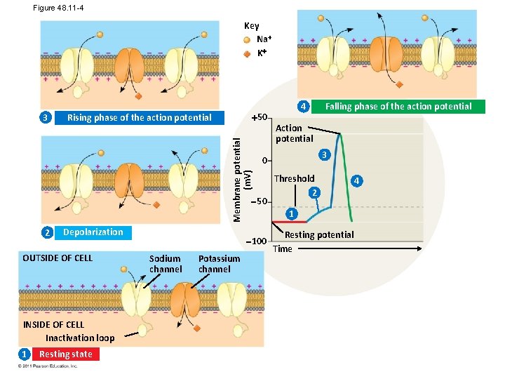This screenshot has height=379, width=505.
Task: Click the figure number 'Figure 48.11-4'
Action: (x=60, y=8)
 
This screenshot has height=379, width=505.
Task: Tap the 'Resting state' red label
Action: (x=65, y=354)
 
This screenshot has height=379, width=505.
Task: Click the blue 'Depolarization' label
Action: (x=93, y=232)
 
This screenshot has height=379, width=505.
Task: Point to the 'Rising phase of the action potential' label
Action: (x=139, y=118)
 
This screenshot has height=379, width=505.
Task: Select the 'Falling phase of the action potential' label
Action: (x=398, y=107)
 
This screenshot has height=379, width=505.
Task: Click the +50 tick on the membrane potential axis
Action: (x=258, y=117)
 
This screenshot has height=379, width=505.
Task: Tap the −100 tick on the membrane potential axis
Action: (x=257, y=241)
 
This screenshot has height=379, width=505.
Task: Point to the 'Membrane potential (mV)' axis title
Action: (x=238, y=178)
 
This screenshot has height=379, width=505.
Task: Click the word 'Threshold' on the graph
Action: (x=294, y=178)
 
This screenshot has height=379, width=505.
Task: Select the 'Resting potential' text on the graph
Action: (x=319, y=234)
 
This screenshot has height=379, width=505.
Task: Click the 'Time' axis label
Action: (x=283, y=249)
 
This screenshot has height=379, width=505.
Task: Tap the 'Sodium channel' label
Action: (x=166, y=264)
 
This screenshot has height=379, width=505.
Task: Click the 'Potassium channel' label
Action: (x=219, y=264)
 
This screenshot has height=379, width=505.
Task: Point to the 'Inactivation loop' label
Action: (x=80, y=338)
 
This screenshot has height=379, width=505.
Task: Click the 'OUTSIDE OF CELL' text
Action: (x=58, y=258)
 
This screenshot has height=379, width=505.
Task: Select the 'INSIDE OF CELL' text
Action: (x=53, y=325)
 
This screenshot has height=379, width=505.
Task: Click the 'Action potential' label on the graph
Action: (x=294, y=133)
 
